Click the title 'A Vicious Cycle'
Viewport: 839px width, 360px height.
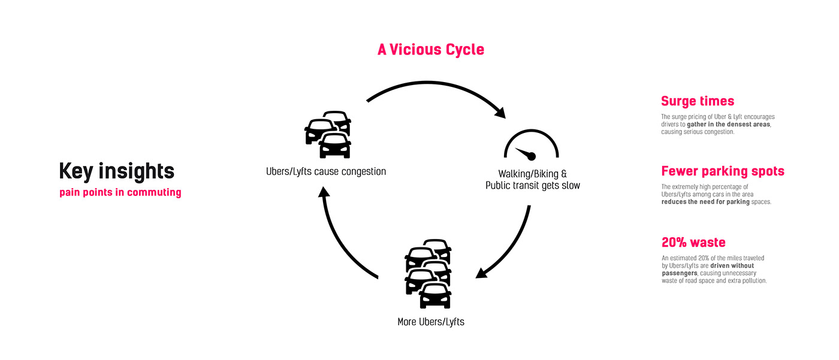pos(430,50)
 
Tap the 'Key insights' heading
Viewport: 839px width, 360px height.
pos(117,171)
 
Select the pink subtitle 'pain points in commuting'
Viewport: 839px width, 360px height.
pos(120,193)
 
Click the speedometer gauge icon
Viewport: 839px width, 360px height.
pos(531,145)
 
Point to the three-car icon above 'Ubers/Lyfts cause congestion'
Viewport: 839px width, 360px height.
pos(328,135)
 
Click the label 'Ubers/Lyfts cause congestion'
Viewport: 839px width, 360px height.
pos(326,172)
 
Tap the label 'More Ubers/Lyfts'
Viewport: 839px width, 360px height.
pos(430,322)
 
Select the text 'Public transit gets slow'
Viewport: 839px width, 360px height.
pos(532,186)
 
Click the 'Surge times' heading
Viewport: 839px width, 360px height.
pos(697,101)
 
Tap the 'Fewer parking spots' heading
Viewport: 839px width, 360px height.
pos(722,171)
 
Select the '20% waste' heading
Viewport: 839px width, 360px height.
pos(693,243)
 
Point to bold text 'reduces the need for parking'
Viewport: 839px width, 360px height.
pos(705,202)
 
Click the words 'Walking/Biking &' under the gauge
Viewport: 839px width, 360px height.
pos(532,174)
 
